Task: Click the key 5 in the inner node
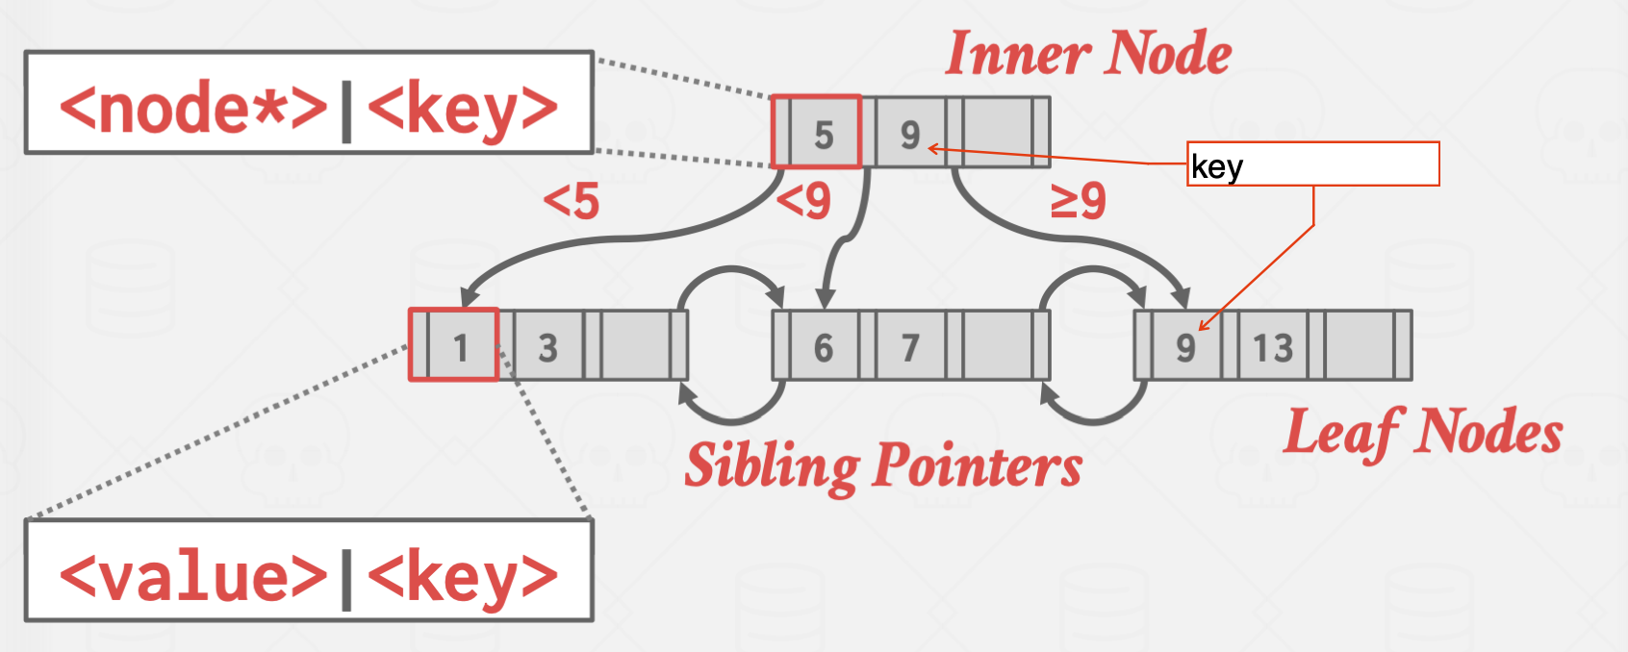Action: pos(824,135)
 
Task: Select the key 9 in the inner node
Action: pos(909,135)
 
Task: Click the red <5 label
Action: pos(571,202)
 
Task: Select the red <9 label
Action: pos(803,202)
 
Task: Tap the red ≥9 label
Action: pos(1078,202)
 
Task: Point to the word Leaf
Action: pos(1340,432)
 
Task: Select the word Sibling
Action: pos(771,466)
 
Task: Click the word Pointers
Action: pos(978,466)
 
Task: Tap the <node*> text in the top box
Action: pos(193,109)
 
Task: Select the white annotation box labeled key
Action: pos(1312,164)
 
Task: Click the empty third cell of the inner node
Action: pos(997,133)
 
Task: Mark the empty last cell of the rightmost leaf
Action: pos(1359,345)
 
